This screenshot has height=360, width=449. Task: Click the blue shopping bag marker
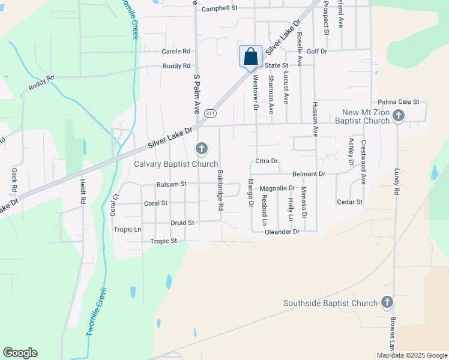coord(250,58)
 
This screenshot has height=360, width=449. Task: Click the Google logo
coord(20,353)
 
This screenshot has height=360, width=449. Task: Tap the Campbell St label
coord(220,8)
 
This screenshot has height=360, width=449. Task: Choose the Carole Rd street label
coord(175,52)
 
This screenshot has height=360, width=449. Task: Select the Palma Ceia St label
coord(398,103)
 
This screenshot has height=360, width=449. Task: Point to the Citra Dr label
coord(267,161)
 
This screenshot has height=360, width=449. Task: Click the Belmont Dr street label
coord(309,173)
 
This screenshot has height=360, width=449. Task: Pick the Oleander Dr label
coord(282,231)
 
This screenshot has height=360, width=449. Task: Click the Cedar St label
coord(350,202)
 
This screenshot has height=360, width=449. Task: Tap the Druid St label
coord(182,223)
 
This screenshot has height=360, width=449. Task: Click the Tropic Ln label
coord(127,229)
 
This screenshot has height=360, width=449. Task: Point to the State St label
coord(277,65)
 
